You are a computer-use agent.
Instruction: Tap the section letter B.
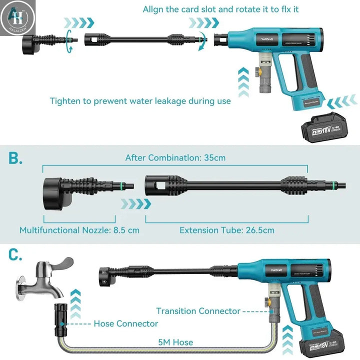15,159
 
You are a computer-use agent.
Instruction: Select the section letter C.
15,255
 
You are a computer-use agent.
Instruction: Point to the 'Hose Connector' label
126,323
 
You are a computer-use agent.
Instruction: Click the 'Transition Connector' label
198,311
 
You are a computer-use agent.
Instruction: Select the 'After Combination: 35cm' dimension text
175,158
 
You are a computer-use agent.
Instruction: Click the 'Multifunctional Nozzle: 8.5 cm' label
79,230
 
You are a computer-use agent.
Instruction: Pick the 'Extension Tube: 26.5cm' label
227,230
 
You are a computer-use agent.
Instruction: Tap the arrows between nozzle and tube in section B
135,203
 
